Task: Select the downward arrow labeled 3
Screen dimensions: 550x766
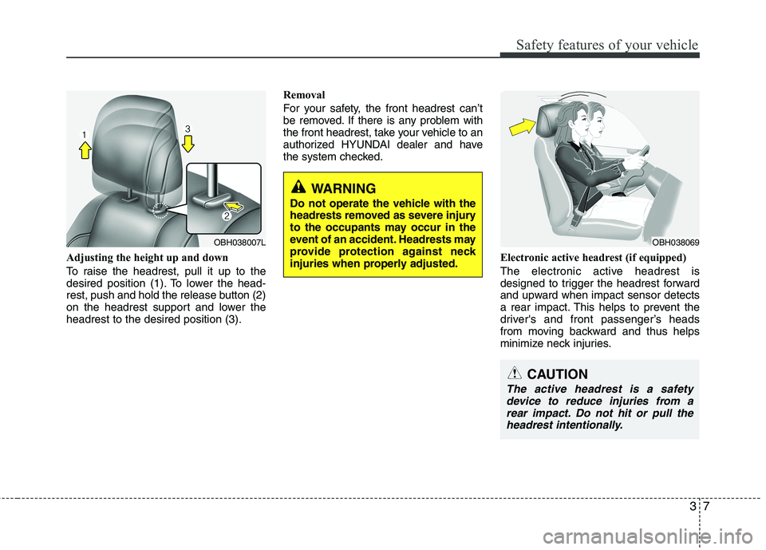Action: [188, 140]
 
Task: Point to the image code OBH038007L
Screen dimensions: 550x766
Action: [239, 241]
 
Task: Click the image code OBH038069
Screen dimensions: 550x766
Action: [675, 241]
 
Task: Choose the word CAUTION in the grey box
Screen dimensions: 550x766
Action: [557, 374]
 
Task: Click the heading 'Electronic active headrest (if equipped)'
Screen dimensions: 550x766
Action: [592, 258]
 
